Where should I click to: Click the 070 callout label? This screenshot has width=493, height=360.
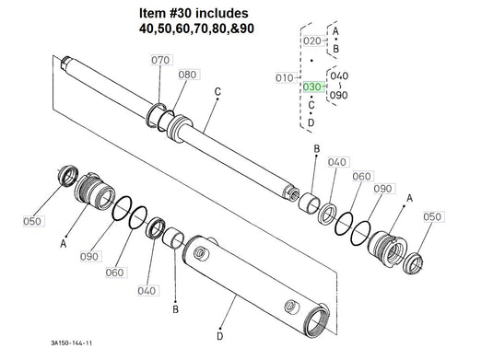(x=160, y=60)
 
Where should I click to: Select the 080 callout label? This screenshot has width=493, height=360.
(x=187, y=75)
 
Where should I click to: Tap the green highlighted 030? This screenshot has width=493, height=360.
(x=312, y=87)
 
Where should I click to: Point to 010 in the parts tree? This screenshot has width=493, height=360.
(x=285, y=78)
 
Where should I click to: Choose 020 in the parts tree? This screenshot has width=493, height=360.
(x=312, y=41)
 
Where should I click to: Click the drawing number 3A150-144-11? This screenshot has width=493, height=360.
(x=71, y=343)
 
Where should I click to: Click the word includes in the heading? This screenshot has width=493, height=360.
(x=222, y=13)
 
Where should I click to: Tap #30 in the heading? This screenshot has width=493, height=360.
(x=179, y=13)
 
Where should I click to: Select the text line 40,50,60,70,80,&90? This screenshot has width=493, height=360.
(x=196, y=29)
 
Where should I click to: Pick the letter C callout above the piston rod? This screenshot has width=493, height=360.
(x=217, y=92)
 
